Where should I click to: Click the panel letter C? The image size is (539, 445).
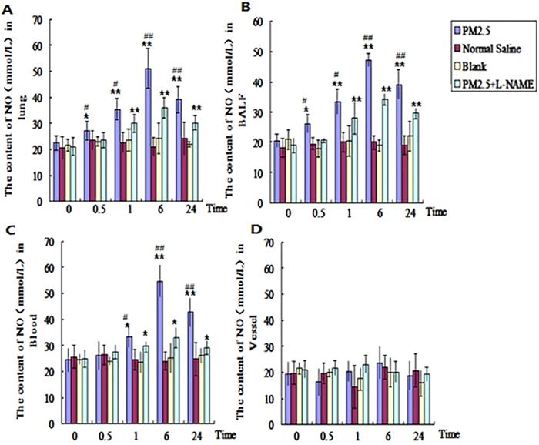(11, 229)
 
